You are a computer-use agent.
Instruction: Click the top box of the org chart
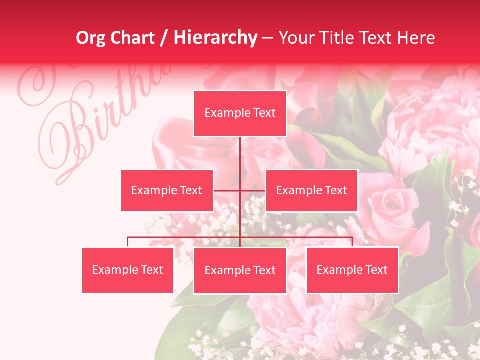point(240,113)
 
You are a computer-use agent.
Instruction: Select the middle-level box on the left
point(167,190)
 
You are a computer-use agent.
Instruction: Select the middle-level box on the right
point(311,190)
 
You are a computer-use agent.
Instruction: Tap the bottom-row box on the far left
point(128,270)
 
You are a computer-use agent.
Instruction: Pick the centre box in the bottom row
point(240,270)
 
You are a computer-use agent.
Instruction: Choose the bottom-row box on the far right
point(352,270)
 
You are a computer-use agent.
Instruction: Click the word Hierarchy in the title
point(215,38)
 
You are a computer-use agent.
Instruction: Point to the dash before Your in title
point(267,38)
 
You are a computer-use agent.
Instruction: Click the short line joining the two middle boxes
point(227,190)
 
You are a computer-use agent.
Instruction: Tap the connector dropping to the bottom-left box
point(128,242)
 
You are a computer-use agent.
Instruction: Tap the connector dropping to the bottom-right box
point(352,242)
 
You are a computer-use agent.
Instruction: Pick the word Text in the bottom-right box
point(376,270)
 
